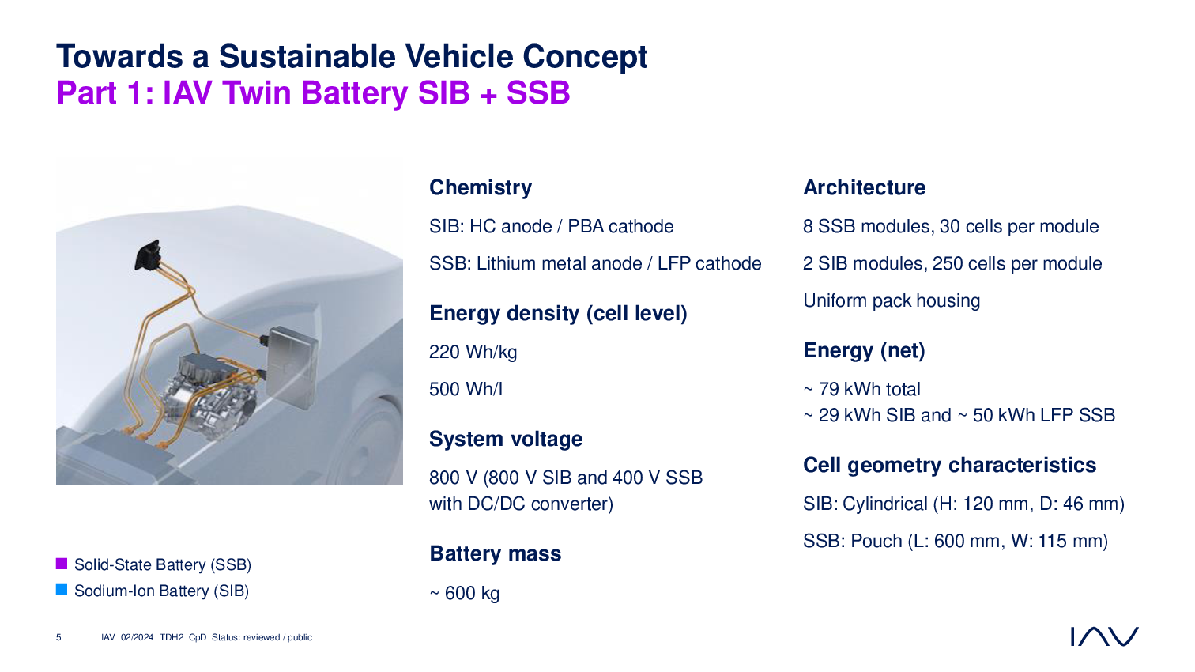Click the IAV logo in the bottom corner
click(1104, 636)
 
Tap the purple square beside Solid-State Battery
click(62, 564)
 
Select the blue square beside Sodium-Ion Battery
click(62, 590)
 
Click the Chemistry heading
click(481, 187)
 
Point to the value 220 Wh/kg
click(473, 353)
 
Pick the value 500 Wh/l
click(466, 389)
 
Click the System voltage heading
click(506, 439)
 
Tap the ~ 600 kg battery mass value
click(465, 593)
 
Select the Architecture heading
click(865, 187)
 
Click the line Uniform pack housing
click(892, 301)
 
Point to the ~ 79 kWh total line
click(862, 389)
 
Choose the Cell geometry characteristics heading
click(950, 465)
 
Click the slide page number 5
click(58, 637)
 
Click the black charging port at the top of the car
click(148, 255)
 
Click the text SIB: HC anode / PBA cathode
click(552, 226)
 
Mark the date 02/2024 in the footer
click(137, 637)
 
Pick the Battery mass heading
click(496, 553)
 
